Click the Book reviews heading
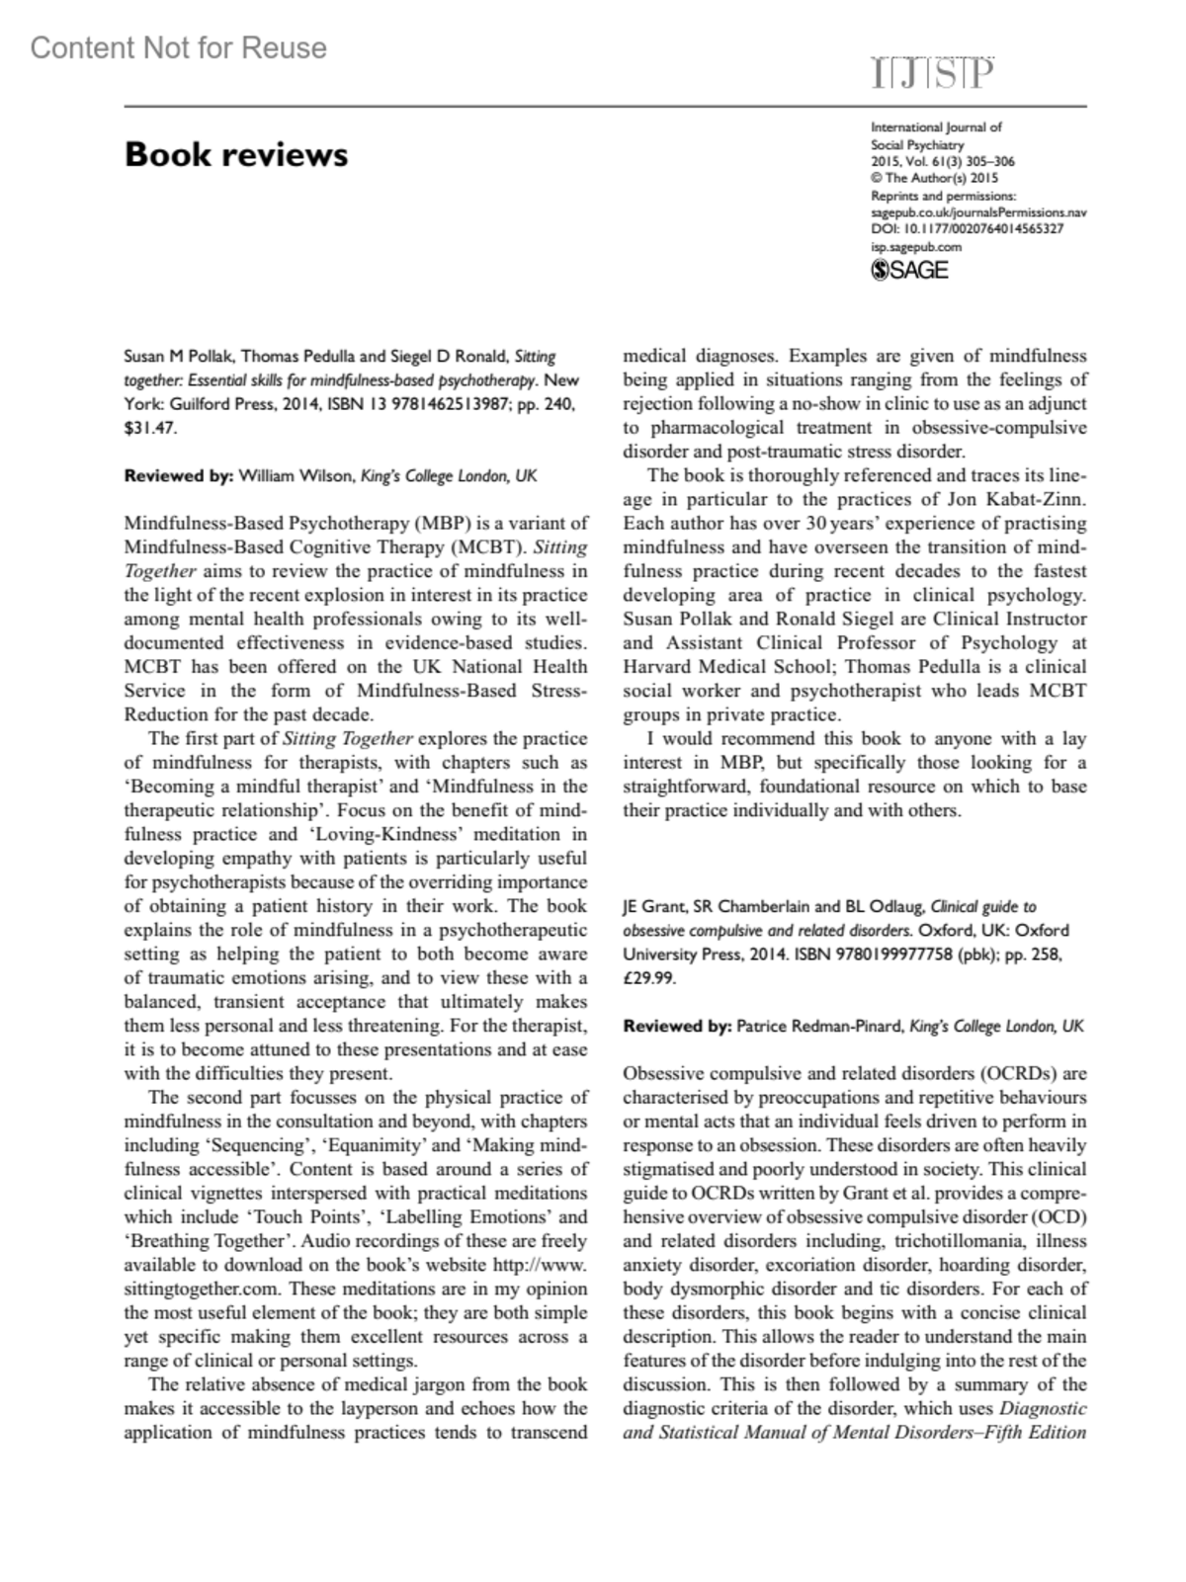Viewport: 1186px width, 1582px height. (x=235, y=155)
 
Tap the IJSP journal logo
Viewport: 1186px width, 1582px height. (x=932, y=74)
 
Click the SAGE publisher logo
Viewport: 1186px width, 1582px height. (x=909, y=270)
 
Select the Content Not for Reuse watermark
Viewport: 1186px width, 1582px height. (x=179, y=47)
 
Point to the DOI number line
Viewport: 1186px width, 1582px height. (x=967, y=229)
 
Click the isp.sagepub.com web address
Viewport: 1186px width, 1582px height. (x=915, y=247)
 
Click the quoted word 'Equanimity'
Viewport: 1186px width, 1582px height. (x=370, y=1145)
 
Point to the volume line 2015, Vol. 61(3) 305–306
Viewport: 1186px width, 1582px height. (x=942, y=161)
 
